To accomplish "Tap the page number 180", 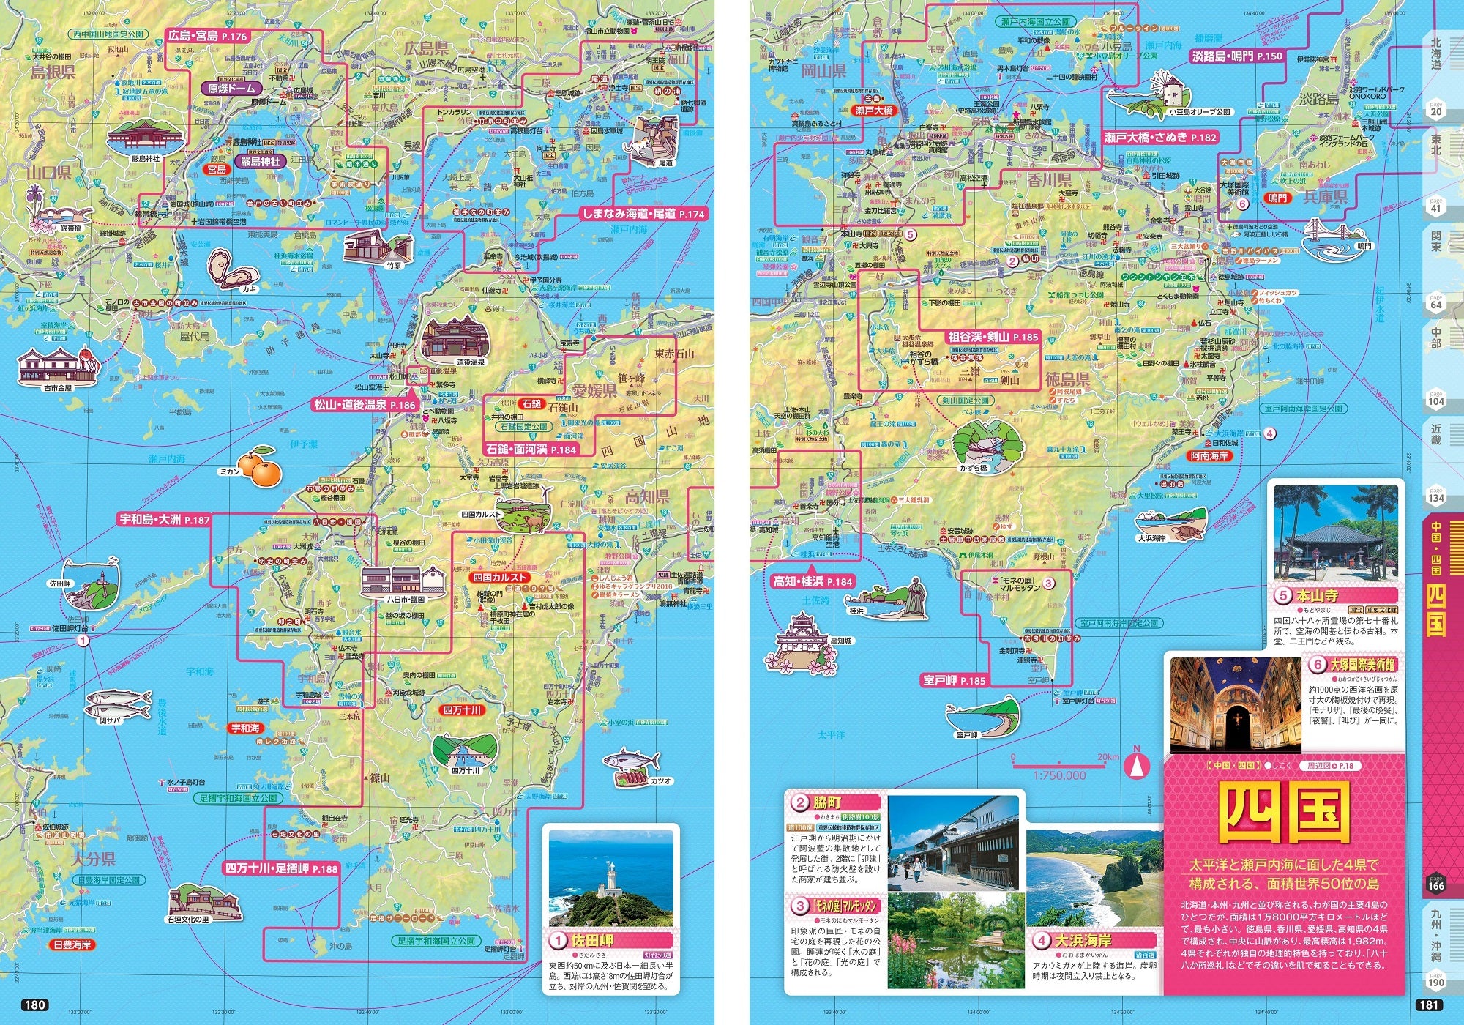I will (34, 1004).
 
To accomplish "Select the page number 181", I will (1430, 1004).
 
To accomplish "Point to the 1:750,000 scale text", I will (1059, 775).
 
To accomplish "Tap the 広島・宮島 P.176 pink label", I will (208, 36).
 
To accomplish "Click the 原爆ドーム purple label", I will (231, 88).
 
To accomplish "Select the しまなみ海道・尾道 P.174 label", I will (643, 214).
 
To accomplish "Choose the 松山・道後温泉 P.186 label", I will (365, 404).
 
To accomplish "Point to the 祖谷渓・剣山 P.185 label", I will (993, 337).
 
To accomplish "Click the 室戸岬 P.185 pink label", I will (954, 680).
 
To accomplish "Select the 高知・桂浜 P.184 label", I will (813, 581).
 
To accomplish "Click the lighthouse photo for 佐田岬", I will (610, 877).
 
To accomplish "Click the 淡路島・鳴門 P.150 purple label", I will (1236, 56).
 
